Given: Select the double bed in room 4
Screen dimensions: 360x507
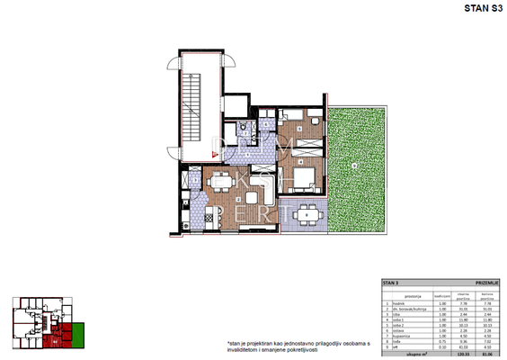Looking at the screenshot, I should click(300, 175).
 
